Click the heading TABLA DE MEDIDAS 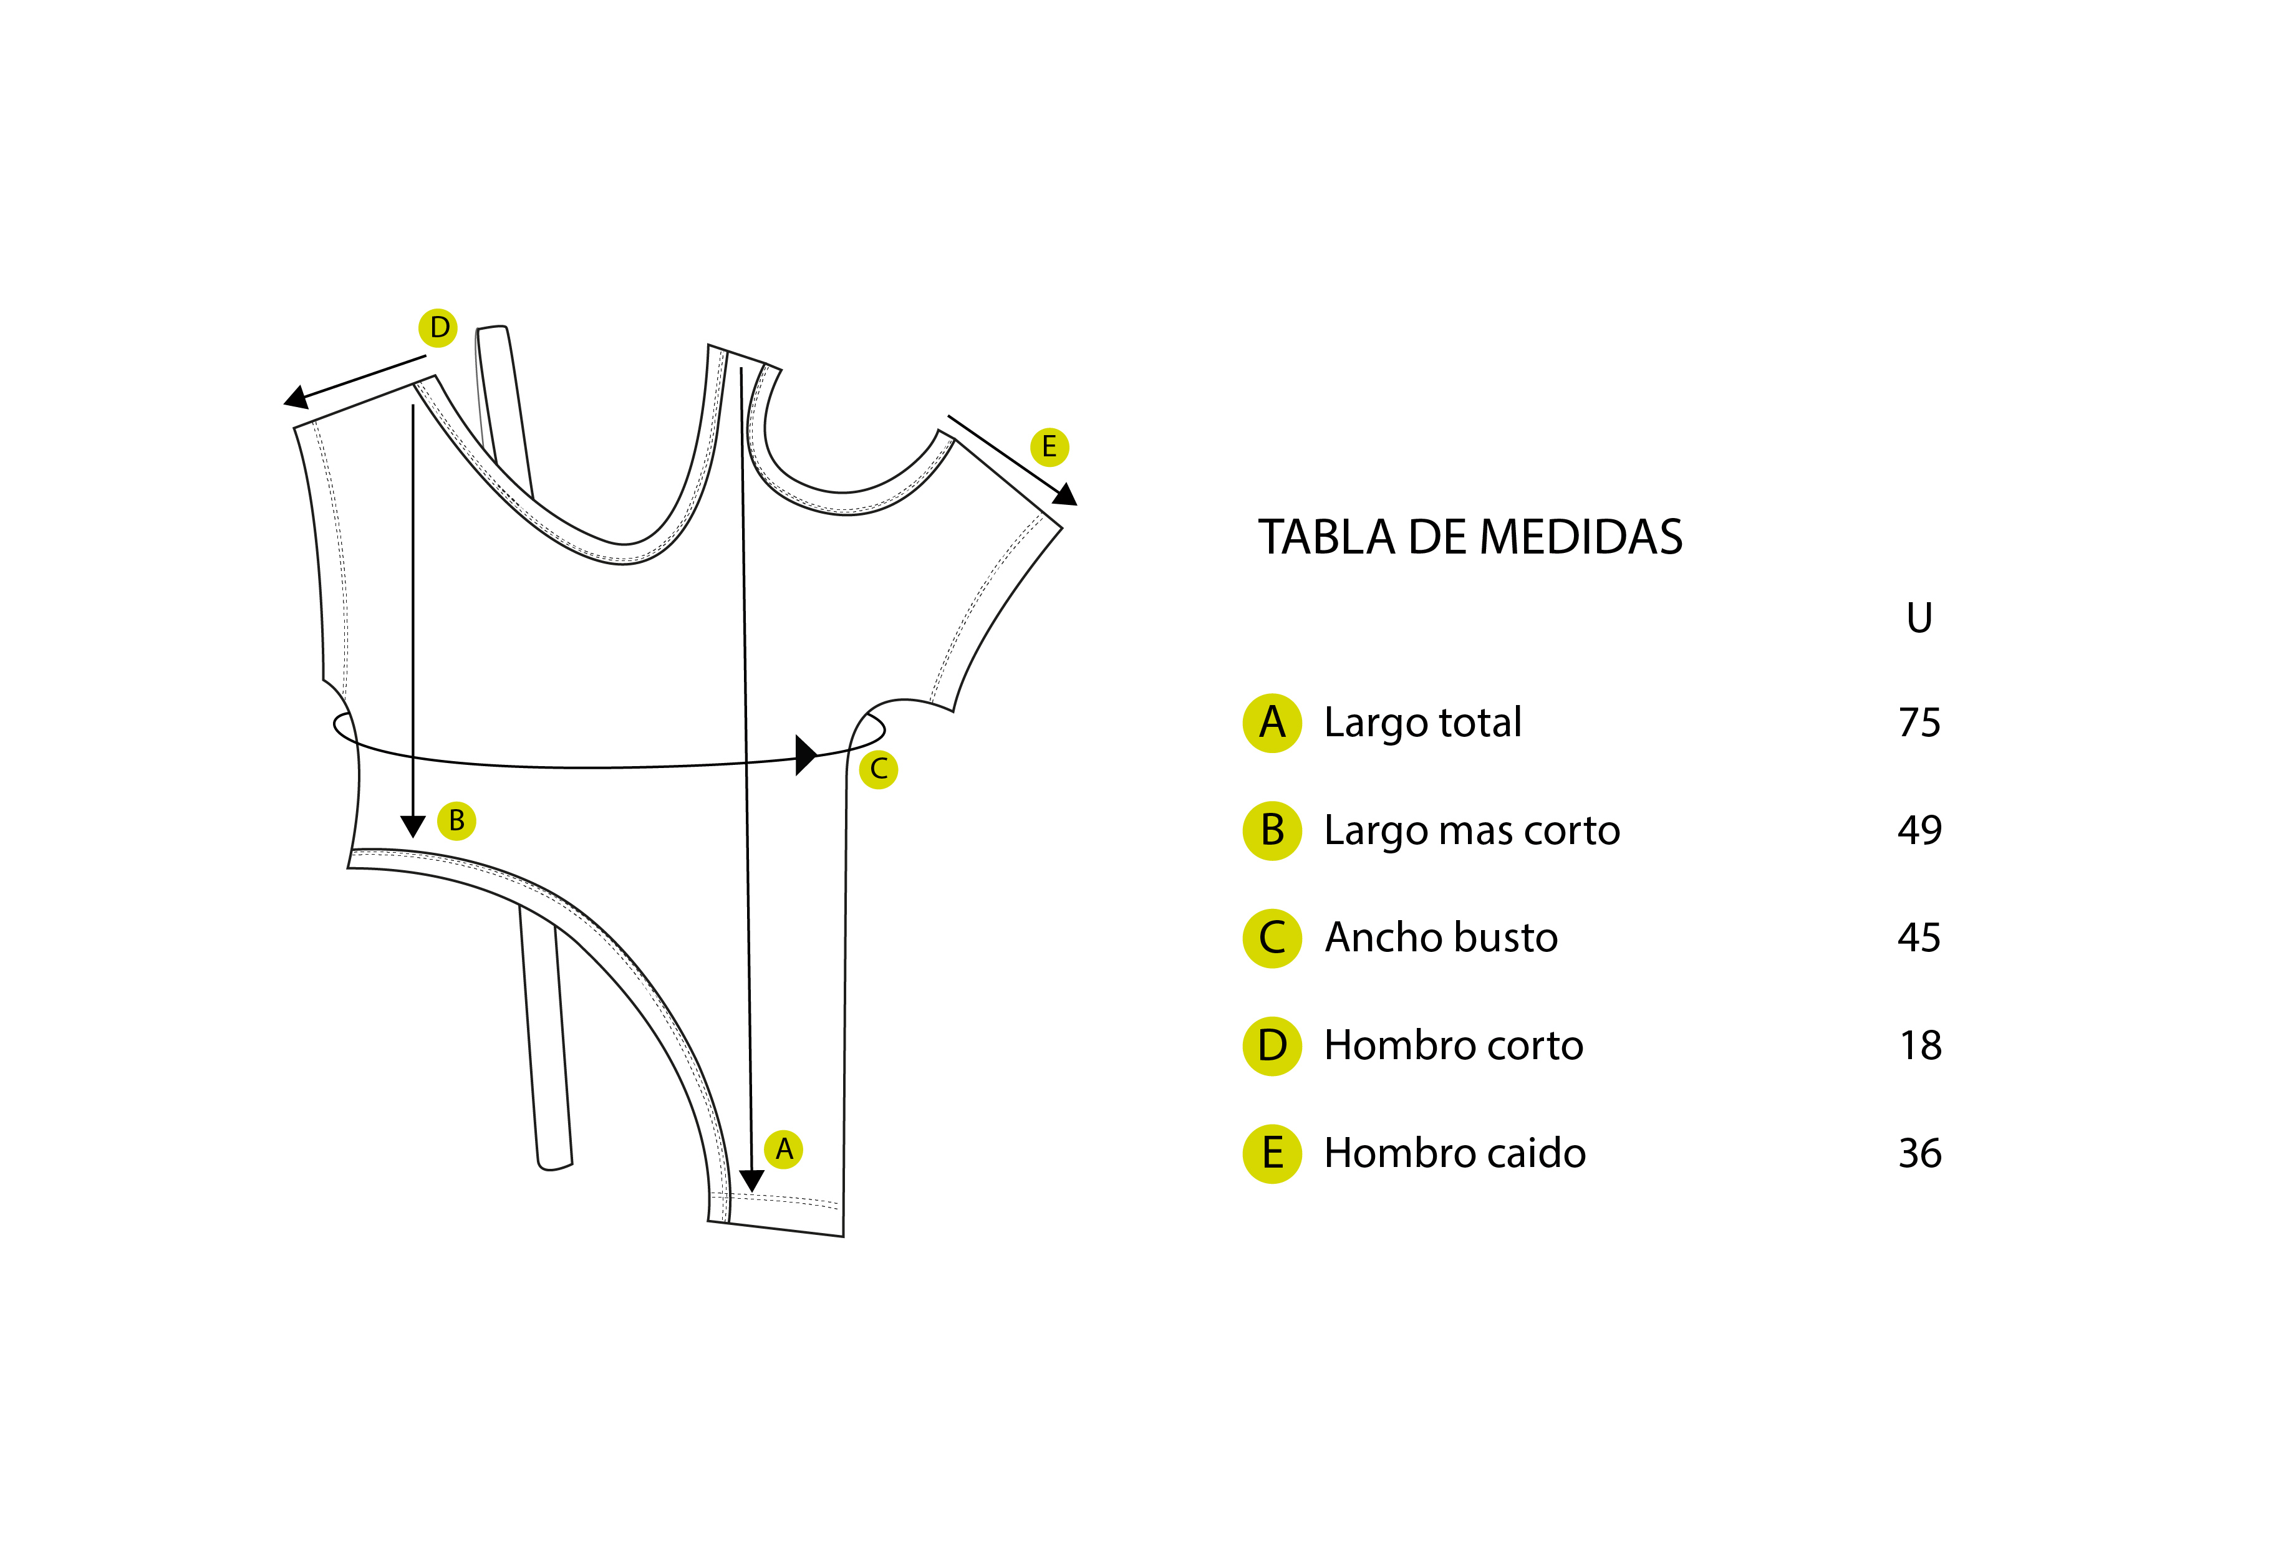[1470, 537]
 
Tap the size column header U [1919, 618]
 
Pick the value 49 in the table [1919, 830]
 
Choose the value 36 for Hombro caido [1919, 1153]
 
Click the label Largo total [1422, 724]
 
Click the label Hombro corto [1454, 1045]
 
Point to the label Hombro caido [1455, 1153]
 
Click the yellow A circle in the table [1272, 723]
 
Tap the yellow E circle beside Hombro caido [1272, 1153]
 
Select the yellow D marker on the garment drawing [438, 328]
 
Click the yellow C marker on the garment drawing [878, 769]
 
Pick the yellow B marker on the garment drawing [457, 820]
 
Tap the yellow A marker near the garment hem [784, 1148]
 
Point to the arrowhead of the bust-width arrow [806, 754]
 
